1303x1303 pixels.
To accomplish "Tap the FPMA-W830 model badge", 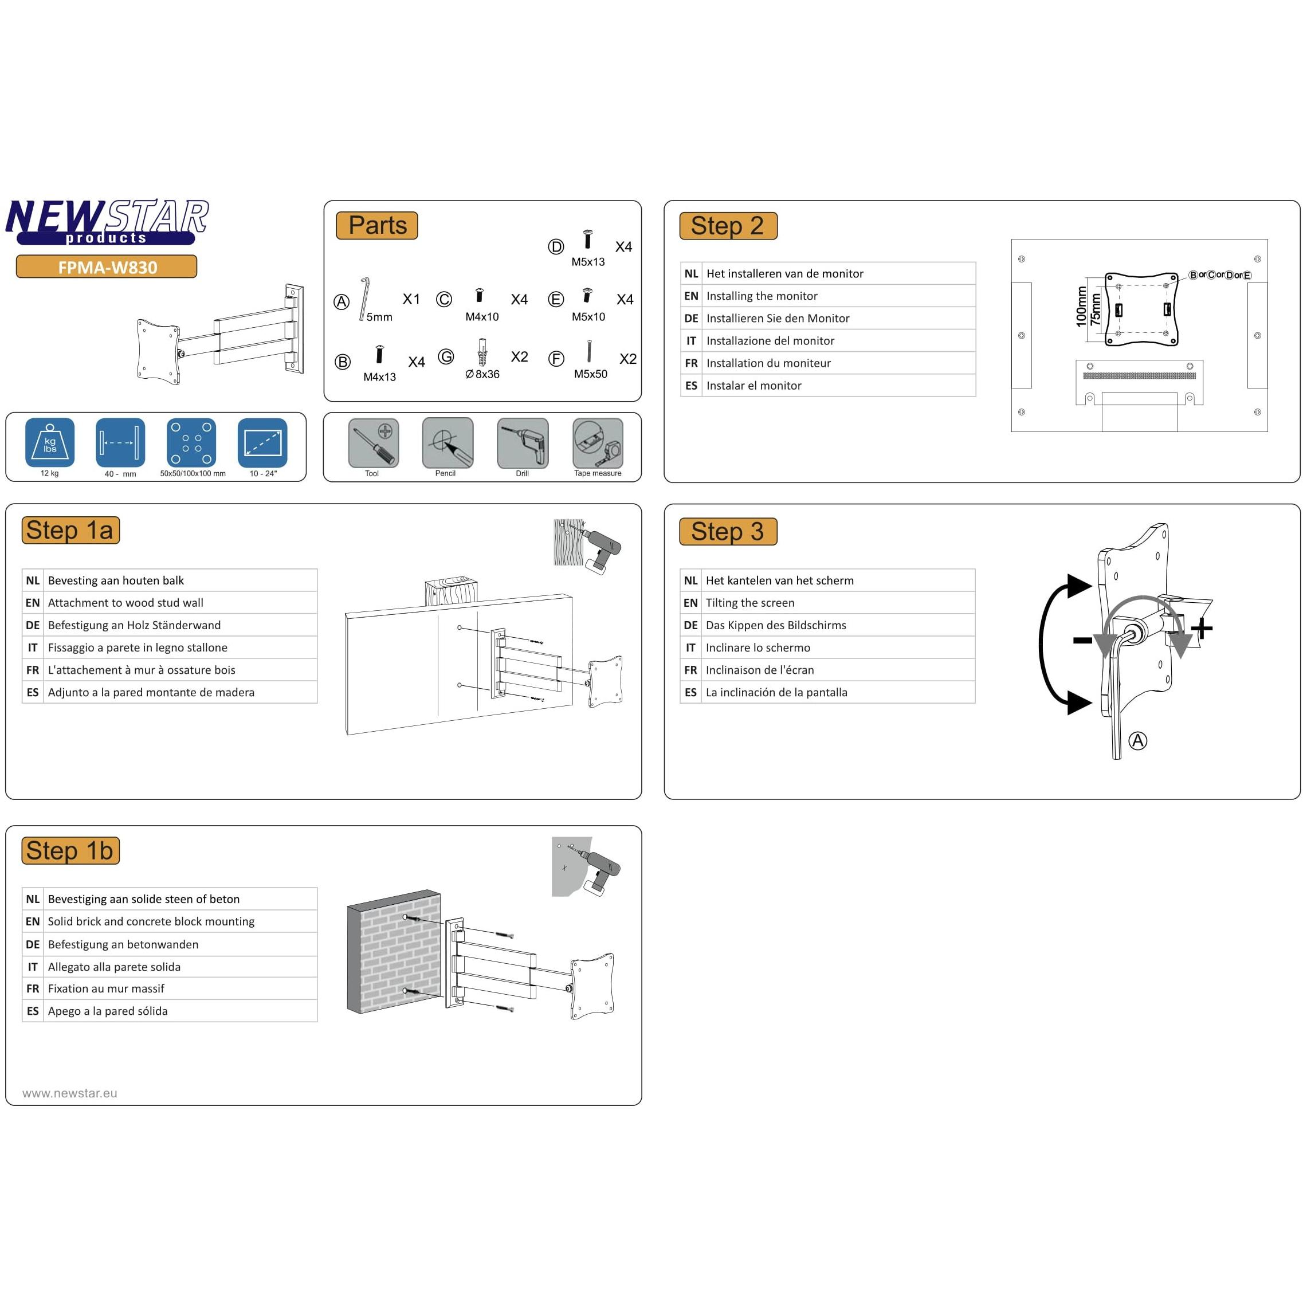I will pyautogui.click(x=107, y=267).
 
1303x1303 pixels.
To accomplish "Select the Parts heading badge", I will pyautogui.click(x=377, y=225).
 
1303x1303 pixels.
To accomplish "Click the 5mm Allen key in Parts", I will pyautogui.click(x=365, y=298).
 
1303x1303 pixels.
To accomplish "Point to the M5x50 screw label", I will pyautogui.click(x=590, y=374).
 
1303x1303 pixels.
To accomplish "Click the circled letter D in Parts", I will pyautogui.click(x=555, y=247).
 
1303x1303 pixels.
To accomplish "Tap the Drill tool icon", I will pyautogui.click(x=523, y=442).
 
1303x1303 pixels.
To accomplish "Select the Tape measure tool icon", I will pyautogui.click(x=598, y=442).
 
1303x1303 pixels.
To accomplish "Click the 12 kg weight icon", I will pyautogui.click(x=50, y=442).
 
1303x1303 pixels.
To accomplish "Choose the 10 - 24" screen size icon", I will pyautogui.click(x=262, y=442).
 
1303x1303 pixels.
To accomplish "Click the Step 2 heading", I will pyautogui.click(x=728, y=226).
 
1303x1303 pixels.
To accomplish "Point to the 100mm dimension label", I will pyautogui.click(x=1081, y=307).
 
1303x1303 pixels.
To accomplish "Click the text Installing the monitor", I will pyautogui.click(x=762, y=296).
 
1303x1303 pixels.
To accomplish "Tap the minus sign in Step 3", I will pyautogui.click(x=1082, y=640).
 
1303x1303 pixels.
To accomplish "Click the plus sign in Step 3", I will pyautogui.click(x=1201, y=629).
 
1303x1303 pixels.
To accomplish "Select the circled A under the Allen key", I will pyautogui.click(x=1138, y=740).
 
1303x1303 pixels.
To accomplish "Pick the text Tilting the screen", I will pyautogui.click(x=750, y=602).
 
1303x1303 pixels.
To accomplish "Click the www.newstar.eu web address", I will pyautogui.click(x=69, y=1093).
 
